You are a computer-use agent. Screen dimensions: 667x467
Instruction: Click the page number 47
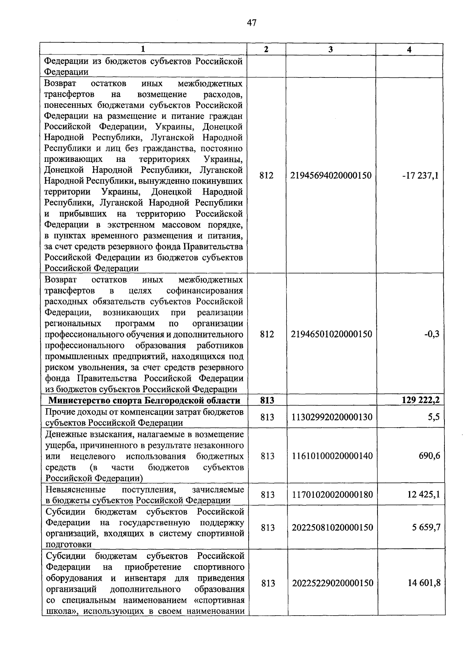point(251,23)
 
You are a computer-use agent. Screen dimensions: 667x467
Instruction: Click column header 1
point(143,49)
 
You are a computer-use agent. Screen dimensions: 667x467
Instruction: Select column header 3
point(330,49)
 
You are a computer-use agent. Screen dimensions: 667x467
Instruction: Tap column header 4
point(409,49)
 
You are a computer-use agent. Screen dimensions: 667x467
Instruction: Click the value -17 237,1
point(420,176)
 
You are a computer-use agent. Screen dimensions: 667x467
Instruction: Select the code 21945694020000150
point(331,176)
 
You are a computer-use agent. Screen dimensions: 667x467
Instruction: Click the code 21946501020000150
point(331,334)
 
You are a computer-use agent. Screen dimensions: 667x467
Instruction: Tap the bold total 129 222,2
point(421,400)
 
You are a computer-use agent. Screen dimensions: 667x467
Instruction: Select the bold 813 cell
point(267,400)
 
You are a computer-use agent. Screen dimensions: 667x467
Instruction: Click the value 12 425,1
point(424,495)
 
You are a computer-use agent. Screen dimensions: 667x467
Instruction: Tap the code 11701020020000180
point(332,495)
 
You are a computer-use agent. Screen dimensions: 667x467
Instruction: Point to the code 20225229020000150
point(332,583)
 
